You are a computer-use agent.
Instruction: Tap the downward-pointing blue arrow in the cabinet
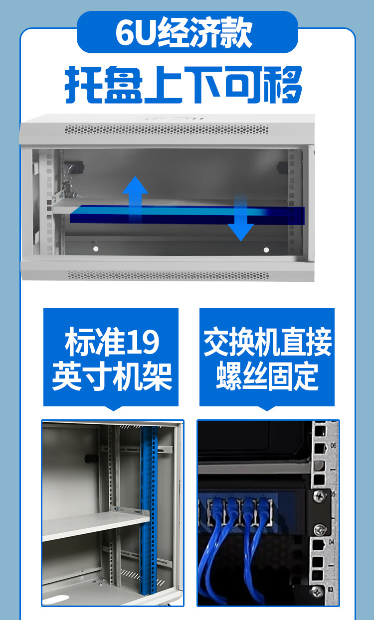pyautogui.click(x=241, y=219)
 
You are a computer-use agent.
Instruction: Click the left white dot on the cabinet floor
pyautogui.click(x=96, y=249)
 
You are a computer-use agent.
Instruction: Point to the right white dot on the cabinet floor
pyautogui.click(x=266, y=250)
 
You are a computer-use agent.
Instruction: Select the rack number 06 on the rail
pyautogui.click(x=333, y=445)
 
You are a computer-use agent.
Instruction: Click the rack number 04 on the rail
pyautogui.click(x=331, y=542)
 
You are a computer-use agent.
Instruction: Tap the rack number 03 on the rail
pyautogui.click(x=331, y=590)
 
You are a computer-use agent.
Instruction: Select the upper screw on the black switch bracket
pyautogui.click(x=320, y=496)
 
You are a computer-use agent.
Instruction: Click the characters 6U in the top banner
pyautogui.click(x=135, y=33)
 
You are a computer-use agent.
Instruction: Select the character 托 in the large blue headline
pyautogui.click(x=83, y=85)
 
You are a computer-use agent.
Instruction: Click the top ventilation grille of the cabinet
pyautogui.click(x=167, y=129)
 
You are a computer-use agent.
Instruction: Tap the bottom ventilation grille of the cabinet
pyautogui.click(x=168, y=275)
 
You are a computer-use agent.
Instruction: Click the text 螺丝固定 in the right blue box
pyautogui.click(x=267, y=376)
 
